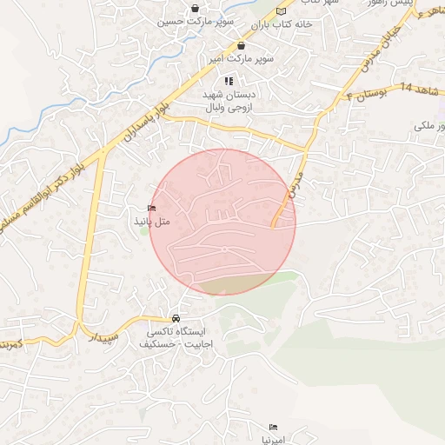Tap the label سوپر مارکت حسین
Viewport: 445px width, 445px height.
point(182,22)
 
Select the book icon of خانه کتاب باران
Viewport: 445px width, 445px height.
point(280,11)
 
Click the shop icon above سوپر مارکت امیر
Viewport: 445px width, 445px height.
point(241,46)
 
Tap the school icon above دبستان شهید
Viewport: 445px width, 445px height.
point(229,81)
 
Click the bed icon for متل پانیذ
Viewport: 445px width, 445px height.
point(152,209)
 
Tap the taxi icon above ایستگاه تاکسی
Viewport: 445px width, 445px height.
point(177,318)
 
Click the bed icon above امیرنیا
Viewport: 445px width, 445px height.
point(274,428)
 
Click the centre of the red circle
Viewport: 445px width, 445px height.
point(222,222)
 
